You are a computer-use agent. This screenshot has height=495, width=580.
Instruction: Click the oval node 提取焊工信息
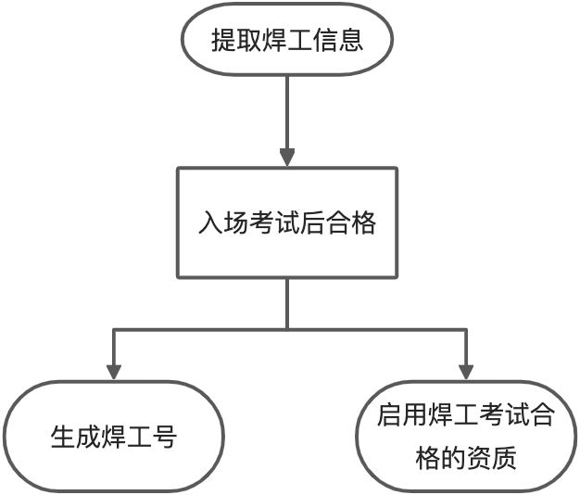pos(287,41)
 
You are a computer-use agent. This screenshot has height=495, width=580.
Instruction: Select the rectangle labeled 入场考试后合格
pos(287,222)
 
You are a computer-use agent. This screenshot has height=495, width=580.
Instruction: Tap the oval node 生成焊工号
pos(113,437)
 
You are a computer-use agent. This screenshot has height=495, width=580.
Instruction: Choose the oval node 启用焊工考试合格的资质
pos(466,437)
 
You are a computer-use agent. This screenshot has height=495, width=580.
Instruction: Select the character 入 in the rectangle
pos(209,223)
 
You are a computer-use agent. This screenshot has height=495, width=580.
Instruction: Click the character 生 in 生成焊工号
pos(62,437)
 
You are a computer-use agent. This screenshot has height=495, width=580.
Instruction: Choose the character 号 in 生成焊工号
pos(164,437)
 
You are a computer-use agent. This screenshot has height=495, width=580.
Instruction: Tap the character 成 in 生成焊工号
pos(88,437)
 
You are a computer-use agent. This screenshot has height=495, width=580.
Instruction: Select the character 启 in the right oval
pos(389,415)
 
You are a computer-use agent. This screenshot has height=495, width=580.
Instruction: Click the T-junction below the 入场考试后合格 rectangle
pos(287,328)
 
